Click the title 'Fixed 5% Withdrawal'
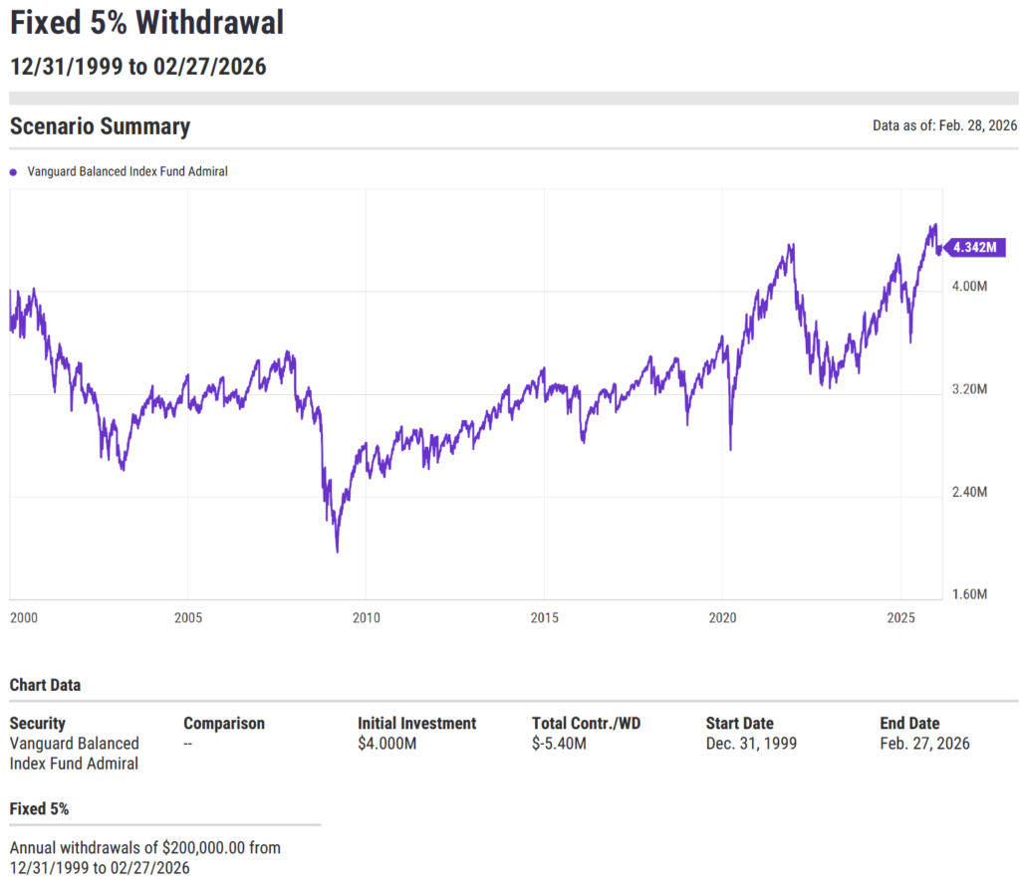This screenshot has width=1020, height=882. click(146, 21)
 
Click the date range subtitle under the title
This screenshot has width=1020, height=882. click(137, 67)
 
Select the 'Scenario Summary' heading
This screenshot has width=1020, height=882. click(100, 126)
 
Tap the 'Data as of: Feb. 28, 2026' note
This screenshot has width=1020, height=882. click(944, 126)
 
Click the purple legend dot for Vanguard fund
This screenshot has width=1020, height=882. click(13, 172)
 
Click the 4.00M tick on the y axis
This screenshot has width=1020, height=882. click(968, 287)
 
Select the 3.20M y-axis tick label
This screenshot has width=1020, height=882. click(968, 390)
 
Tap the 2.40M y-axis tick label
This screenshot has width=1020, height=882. click(968, 493)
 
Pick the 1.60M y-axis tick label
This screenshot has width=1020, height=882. click(968, 595)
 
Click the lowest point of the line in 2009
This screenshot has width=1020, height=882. click(337, 551)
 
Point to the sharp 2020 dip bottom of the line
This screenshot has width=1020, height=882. click(731, 449)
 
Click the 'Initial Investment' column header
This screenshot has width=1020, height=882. click(416, 724)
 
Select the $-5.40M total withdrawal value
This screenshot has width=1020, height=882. click(559, 744)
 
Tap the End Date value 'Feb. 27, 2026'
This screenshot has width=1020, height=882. click(924, 744)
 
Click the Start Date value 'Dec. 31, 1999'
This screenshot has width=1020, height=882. click(751, 744)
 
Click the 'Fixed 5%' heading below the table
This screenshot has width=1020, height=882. click(39, 809)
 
